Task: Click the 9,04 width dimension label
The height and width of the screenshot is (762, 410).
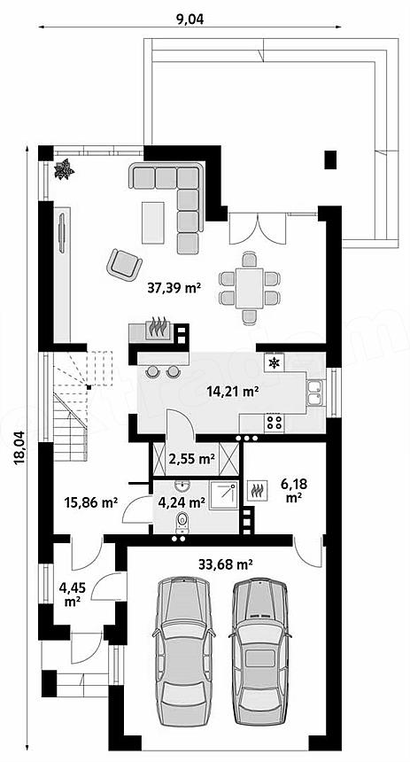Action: tap(190, 19)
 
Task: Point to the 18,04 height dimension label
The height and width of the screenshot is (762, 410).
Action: tap(19, 448)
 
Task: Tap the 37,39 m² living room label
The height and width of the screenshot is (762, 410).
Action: tap(174, 288)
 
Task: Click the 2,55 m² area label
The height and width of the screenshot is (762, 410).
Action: tap(193, 458)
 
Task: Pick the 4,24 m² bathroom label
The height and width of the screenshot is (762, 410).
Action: tap(181, 502)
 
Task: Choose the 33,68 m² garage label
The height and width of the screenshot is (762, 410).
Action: tap(225, 564)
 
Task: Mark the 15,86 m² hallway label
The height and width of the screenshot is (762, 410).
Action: tap(91, 502)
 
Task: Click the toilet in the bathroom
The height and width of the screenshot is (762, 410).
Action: tap(182, 522)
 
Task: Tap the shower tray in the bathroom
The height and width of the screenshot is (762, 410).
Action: tap(223, 495)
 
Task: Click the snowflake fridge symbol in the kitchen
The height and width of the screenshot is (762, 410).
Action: tap(275, 363)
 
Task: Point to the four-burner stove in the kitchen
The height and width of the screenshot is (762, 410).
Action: tap(275, 422)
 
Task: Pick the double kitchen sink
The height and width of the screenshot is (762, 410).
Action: tap(314, 393)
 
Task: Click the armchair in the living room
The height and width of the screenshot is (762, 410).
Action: tap(124, 264)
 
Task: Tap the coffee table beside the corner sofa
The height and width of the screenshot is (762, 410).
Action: tap(153, 222)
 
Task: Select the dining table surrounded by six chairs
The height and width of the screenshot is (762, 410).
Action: tap(250, 288)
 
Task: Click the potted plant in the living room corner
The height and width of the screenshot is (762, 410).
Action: tap(64, 169)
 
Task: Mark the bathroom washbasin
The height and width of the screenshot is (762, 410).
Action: tap(183, 486)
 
